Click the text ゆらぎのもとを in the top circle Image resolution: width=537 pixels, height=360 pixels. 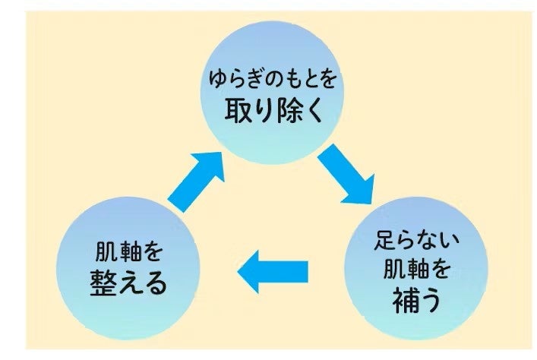(x=269, y=78)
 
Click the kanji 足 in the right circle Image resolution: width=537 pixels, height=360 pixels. (x=385, y=242)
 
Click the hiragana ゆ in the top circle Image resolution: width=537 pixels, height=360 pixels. (x=216, y=78)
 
